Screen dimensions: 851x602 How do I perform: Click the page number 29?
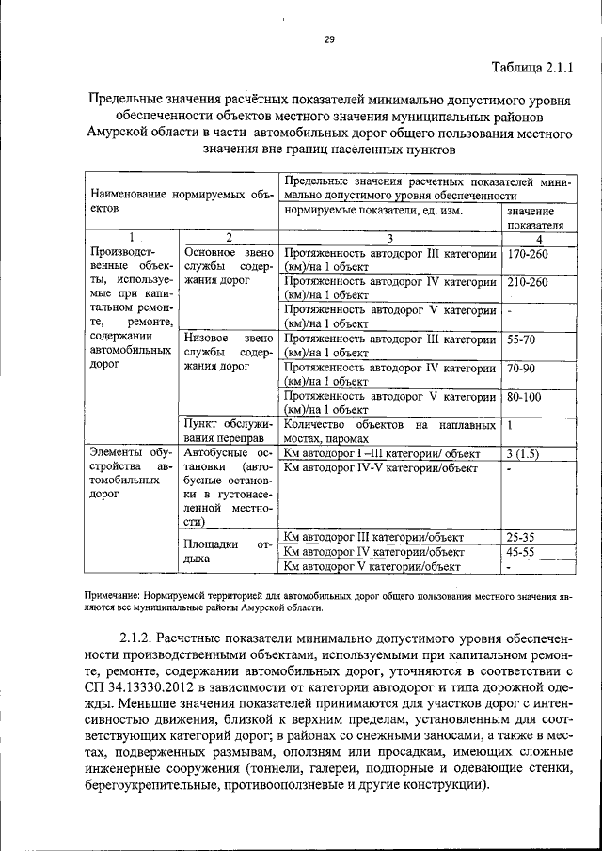329,39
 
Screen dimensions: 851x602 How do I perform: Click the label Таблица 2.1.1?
531,67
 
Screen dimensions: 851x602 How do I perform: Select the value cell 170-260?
527,254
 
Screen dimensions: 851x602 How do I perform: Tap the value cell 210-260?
527,281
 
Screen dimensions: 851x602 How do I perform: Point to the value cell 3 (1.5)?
522,453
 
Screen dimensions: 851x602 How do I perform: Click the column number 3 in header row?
388,238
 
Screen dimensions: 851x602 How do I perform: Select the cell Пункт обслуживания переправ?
228,432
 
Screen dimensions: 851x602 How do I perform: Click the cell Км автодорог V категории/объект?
372,566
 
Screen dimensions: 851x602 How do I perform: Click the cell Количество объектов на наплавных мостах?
388,432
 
